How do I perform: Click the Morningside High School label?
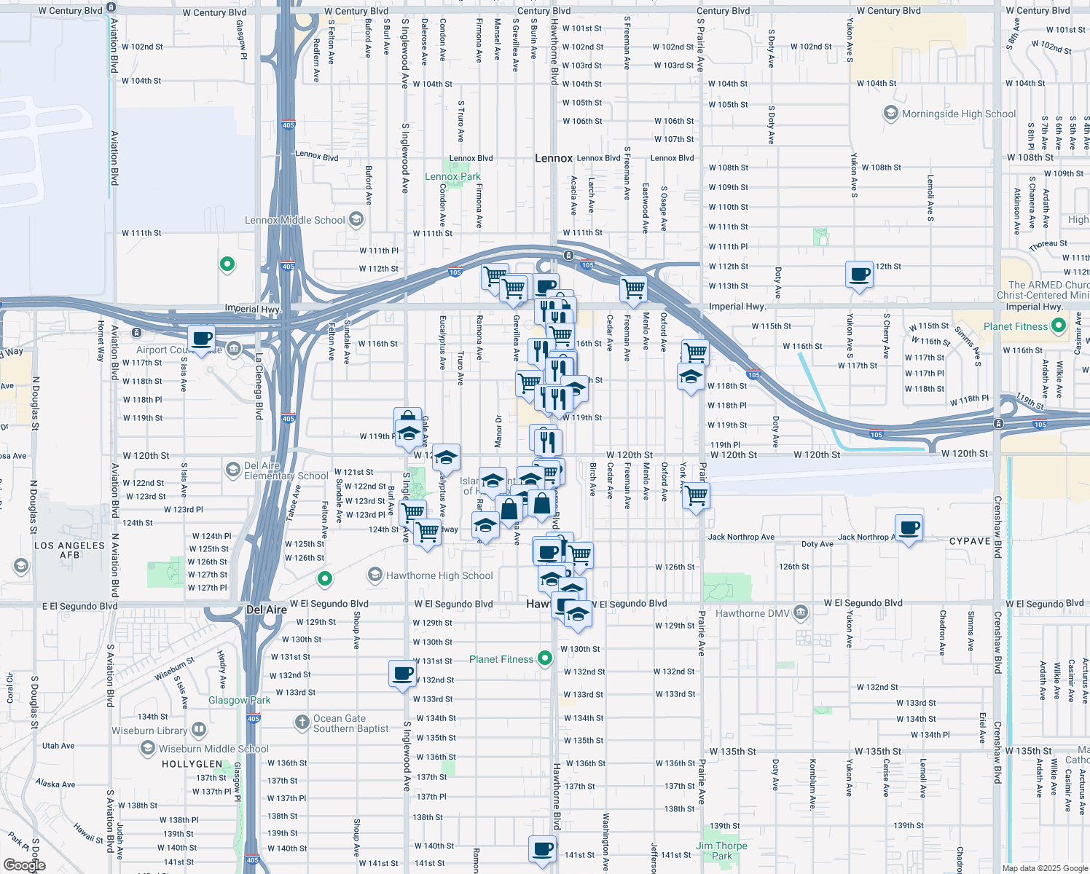pos(958,114)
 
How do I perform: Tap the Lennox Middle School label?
pos(294,220)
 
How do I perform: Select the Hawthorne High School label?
pos(439,575)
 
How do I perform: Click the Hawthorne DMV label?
pos(751,613)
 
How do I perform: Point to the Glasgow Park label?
pos(239,700)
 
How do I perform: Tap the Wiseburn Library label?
pos(149,731)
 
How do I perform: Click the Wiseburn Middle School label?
pos(213,749)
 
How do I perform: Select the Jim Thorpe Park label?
pos(721,851)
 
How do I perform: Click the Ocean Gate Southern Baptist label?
pos(350,723)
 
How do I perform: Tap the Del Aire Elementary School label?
pos(286,471)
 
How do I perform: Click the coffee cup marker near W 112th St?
pos(860,275)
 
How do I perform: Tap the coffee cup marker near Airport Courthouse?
pos(202,339)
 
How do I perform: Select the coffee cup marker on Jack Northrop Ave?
pos(909,527)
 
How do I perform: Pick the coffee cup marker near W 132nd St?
pos(402,674)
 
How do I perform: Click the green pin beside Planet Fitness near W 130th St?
pos(544,659)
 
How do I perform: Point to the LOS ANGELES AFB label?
pos(69,550)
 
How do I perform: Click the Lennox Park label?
pos(452,176)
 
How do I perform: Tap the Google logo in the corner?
pos(24,865)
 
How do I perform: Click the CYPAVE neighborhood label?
pos(970,541)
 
